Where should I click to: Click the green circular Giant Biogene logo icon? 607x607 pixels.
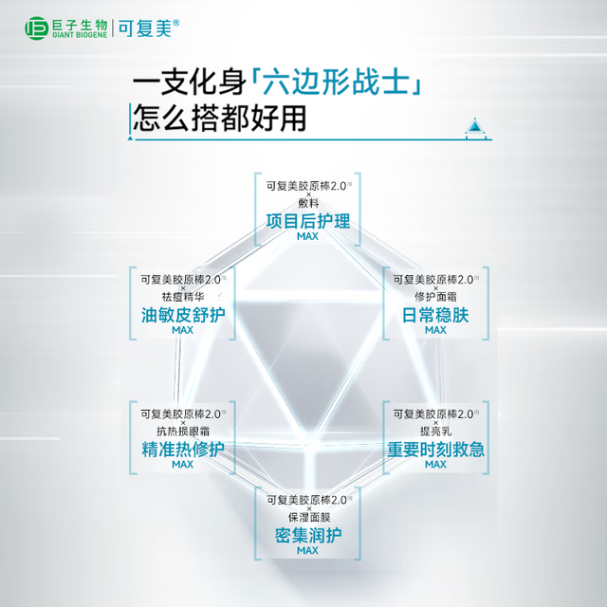click(x=36, y=28)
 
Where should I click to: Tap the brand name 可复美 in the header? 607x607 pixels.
click(x=145, y=28)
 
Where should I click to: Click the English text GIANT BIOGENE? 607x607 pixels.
click(x=80, y=35)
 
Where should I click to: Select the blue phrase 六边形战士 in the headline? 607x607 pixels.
click(x=336, y=83)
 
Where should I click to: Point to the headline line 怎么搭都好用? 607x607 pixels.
click(x=219, y=118)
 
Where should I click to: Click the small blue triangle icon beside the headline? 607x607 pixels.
click(x=474, y=126)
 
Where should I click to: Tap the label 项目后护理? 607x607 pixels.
click(x=307, y=221)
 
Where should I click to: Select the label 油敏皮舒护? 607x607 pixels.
click(x=183, y=315)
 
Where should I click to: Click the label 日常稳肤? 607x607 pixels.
click(x=435, y=315)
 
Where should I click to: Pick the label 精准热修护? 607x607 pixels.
click(x=183, y=450)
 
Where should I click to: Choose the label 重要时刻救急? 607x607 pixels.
click(x=435, y=450)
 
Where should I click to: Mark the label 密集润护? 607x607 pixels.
click(x=307, y=536)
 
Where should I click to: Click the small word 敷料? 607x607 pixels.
click(x=308, y=203)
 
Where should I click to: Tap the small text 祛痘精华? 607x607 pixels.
click(x=183, y=297)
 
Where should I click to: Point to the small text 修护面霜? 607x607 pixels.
click(x=435, y=297)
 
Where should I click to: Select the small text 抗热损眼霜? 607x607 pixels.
click(x=183, y=431)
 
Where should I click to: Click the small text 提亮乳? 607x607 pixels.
click(x=435, y=431)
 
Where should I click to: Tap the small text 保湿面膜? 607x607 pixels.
click(x=309, y=517)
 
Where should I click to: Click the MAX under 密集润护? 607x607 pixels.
click(x=307, y=550)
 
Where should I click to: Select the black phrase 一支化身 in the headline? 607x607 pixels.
click(x=190, y=83)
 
